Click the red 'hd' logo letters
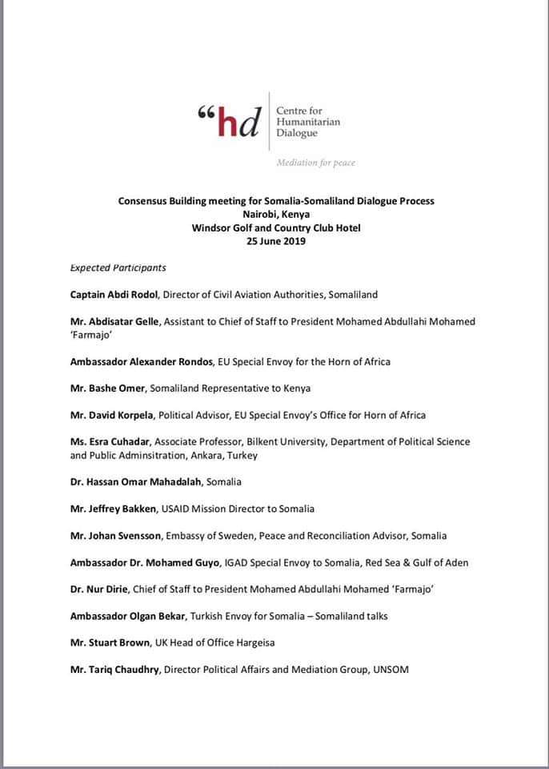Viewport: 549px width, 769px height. pyautogui.click(x=238, y=122)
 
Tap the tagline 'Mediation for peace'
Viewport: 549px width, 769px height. pyautogui.click(x=315, y=163)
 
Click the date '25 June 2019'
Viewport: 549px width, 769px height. pyautogui.click(x=276, y=241)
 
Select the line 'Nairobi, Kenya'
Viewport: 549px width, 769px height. pyautogui.click(x=276, y=214)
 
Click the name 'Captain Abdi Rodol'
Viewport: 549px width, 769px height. pyautogui.click(x=114, y=295)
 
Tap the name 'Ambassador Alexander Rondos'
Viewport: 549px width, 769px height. pyautogui.click(x=142, y=361)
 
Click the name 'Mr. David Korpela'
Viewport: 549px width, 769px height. pyautogui.click(x=113, y=415)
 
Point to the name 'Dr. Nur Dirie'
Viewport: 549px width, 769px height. pyautogui.click(x=101, y=589)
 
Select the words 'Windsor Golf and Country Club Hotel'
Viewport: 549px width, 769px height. pyautogui.click(x=276, y=227)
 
